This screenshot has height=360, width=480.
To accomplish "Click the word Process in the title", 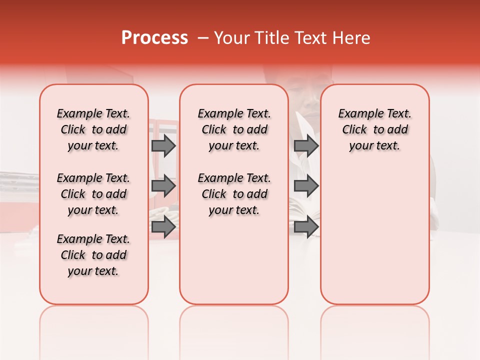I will click(x=154, y=38).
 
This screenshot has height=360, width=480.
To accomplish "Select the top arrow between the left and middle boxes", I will click(x=163, y=145).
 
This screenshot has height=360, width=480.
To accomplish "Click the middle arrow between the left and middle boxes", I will click(x=163, y=186).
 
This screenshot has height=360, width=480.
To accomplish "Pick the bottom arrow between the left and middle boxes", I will click(x=163, y=226).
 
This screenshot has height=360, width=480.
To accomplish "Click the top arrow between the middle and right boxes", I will click(x=306, y=145).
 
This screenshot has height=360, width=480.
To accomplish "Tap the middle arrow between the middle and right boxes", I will click(x=306, y=186).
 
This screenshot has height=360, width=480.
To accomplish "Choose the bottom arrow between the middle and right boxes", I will click(x=306, y=226).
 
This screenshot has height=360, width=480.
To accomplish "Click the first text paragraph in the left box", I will click(x=93, y=129).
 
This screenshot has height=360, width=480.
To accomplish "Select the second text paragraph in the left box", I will click(x=93, y=194).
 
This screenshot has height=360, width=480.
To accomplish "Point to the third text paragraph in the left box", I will click(x=93, y=255).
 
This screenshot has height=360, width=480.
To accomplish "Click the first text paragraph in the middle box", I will click(x=234, y=129).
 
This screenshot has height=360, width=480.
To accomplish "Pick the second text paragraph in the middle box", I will click(x=234, y=194).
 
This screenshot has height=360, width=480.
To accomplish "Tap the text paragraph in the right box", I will click(x=374, y=129).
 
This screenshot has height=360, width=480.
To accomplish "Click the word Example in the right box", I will click(x=357, y=114).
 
